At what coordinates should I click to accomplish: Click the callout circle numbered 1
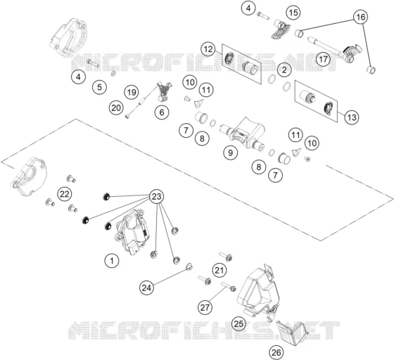point(112,261)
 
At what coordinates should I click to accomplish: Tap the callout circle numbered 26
point(276,352)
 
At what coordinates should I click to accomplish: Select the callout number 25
point(239,323)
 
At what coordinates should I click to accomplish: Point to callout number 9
point(231,153)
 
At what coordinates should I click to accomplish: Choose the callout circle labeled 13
point(352,117)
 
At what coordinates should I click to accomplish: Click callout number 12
point(208,49)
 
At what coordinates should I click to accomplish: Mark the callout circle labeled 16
point(360,17)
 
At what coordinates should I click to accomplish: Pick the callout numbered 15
point(293,13)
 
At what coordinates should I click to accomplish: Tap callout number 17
point(324,59)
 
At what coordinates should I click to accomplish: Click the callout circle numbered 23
point(156,196)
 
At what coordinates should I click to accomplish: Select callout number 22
point(65,194)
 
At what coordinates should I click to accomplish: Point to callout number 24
point(147,288)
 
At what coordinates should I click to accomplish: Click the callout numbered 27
point(205,307)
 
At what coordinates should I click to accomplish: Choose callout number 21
point(220,271)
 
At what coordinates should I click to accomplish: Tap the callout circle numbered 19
point(132,92)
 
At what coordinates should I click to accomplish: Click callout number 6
point(162,112)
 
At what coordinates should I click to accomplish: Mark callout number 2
point(284,70)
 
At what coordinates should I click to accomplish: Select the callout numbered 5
point(99,87)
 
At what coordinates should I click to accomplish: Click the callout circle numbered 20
point(116,108)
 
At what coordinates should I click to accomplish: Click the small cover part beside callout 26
point(291,332)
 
